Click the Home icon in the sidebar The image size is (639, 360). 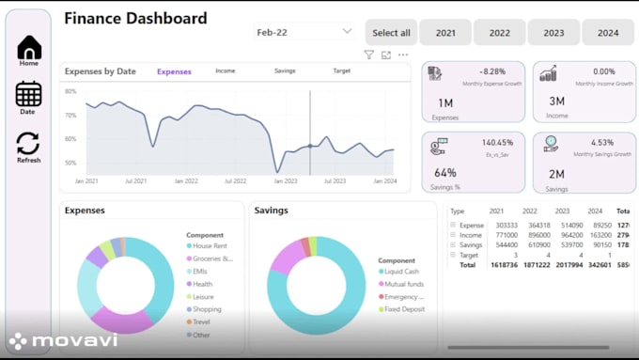click(x=29, y=48)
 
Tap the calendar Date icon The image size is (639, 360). click(x=28, y=94)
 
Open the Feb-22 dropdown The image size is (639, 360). click(x=304, y=32)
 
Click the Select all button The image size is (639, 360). click(x=391, y=33)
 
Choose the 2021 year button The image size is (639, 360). click(x=445, y=33)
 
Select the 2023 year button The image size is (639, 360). click(x=553, y=33)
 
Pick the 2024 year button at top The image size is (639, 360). click(x=608, y=33)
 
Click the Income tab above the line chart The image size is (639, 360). click(x=226, y=71)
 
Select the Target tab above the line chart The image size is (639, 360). click(x=342, y=71)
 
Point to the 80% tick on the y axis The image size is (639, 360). click(x=70, y=91)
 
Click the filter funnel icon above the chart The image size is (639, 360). click(x=369, y=55)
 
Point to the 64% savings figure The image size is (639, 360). click(x=445, y=172)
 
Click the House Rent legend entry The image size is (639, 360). click(x=211, y=245)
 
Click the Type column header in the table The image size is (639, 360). click(x=458, y=211)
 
